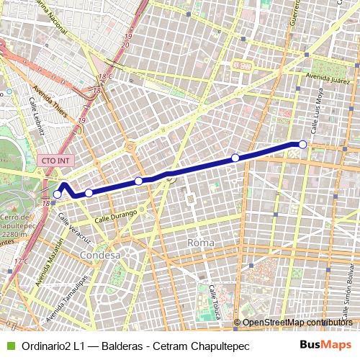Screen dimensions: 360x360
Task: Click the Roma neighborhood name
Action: click(200, 243)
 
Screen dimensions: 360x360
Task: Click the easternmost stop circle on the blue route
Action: click(302, 145)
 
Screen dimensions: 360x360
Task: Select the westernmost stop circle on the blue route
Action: click(58, 194)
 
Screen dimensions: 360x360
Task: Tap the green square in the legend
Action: click(9, 346)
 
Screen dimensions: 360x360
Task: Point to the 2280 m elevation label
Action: click(14, 234)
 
